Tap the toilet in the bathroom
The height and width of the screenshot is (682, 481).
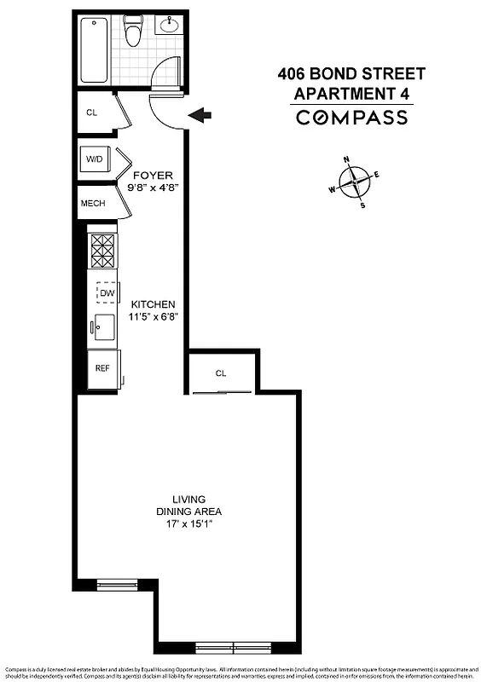[x=133, y=32]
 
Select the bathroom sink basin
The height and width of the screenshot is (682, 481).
[x=169, y=25]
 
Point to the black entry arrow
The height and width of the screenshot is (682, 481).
[x=202, y=115]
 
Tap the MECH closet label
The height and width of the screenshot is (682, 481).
[x=93, y=205]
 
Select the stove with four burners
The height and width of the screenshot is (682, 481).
[x=103, y=250]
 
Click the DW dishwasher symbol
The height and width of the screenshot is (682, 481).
[x=107, y=293]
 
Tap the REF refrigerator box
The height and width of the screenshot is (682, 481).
[x=102, y=369]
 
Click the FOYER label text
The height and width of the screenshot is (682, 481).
[x=153, y=176]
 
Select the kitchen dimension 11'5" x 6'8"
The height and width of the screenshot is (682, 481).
[x=154, y=316]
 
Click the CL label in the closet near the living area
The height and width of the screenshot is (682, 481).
[x=221, y=373]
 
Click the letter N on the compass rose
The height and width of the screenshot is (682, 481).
[x=347, y=159]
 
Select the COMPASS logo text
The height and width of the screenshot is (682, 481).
[x=351, y=118]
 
